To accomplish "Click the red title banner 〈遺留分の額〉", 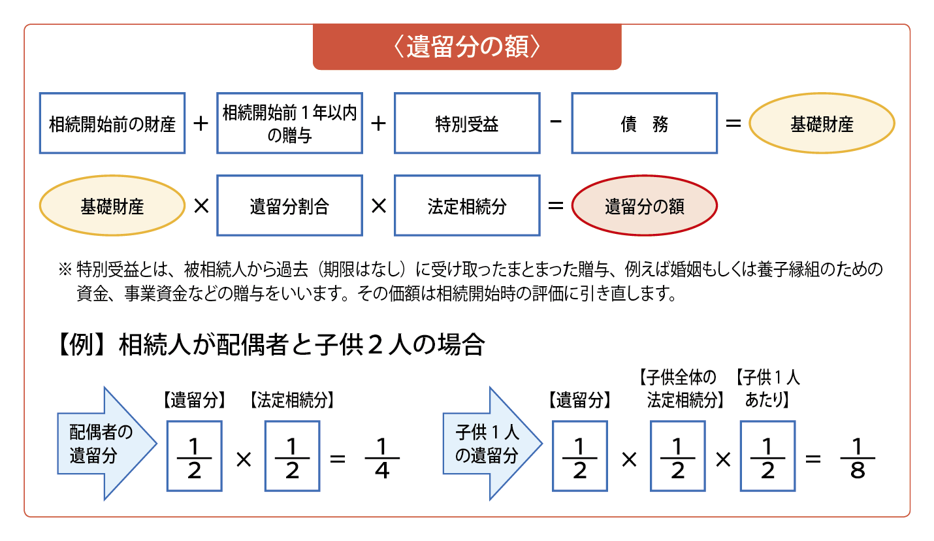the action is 467,46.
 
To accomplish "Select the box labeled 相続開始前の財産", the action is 112,123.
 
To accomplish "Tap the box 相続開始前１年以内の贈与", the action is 290,123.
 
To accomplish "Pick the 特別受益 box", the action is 467,123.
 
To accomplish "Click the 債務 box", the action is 645,123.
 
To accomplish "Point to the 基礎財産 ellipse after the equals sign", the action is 822,123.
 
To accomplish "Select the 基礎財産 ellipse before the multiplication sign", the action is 112,206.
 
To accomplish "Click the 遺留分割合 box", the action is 290,206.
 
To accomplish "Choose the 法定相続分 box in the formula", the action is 467,206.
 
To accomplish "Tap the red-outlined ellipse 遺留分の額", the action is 645,206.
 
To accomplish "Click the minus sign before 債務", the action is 556,122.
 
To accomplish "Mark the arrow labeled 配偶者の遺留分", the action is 106,444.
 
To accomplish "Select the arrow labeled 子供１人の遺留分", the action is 492,444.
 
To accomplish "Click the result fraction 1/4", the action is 382,457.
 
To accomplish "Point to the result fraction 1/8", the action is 858,457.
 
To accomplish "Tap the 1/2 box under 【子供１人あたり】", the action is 767,456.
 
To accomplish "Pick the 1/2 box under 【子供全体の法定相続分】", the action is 677,456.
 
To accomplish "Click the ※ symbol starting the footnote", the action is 65,269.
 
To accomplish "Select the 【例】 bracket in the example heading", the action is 82,345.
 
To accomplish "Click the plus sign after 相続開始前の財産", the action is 201,123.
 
